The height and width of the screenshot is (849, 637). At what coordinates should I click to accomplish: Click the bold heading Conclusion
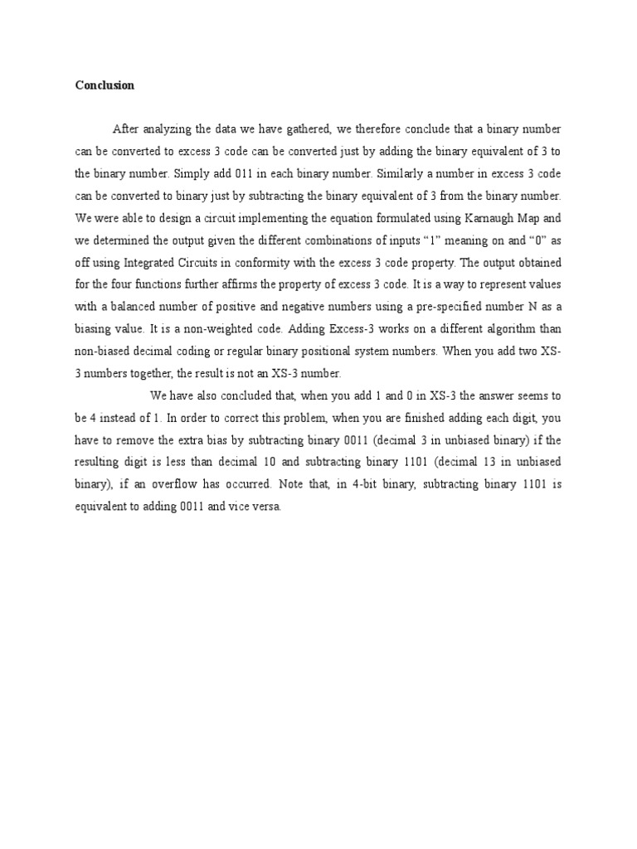(105, 85)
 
